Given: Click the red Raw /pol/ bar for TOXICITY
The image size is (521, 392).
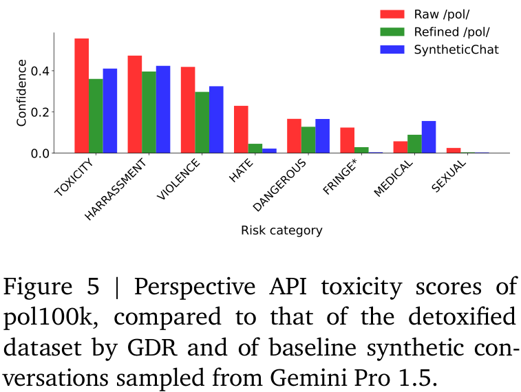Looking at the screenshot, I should [x=81, y=96].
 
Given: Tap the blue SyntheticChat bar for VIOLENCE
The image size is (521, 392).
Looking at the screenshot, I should [x=216, y=120].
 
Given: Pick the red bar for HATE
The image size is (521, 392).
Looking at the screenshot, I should [x=241, y=129].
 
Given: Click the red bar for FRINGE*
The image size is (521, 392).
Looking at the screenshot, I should [x=347, y=140].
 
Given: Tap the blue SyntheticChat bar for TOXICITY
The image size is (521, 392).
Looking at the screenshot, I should [x=110, y=111].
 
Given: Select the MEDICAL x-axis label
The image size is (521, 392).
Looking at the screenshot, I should [x=395, y=178].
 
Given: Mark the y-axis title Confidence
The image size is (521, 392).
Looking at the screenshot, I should [x=21, y=93].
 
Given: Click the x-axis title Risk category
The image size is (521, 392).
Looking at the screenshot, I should [x=281, y=230].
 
